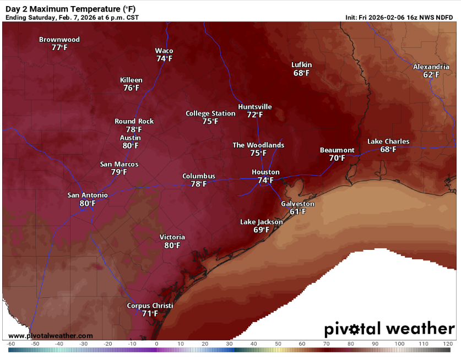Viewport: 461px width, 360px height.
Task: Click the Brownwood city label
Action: coord(59,40)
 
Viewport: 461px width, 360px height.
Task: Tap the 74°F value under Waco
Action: coord(164,58)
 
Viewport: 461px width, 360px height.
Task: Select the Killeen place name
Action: coord(131,80)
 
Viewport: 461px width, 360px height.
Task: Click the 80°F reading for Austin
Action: coord(131,146)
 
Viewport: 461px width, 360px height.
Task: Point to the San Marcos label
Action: coord(119,164)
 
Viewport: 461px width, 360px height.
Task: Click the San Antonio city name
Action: coord(88,195)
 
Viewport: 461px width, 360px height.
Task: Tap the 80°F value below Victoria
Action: coord(172,246)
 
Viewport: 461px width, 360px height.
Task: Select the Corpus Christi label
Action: coord(150,306)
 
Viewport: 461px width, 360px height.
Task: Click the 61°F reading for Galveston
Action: coord(297,212)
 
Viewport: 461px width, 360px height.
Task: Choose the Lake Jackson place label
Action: coord(261,222)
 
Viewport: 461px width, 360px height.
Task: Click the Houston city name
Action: coord(265,172)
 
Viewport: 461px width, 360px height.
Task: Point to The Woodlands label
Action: coord(258,145)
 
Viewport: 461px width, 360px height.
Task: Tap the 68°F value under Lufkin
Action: coord(301,73)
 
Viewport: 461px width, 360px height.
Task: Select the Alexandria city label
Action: coord(431,67)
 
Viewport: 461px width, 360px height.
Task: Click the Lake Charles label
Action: coord(388,141)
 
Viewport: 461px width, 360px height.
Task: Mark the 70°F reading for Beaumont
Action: coord(337,159)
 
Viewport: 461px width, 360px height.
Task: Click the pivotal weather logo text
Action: coord(389,329)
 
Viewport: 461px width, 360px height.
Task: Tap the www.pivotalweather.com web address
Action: coord(51,336)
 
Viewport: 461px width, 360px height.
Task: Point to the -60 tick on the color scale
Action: coord(10,344)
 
